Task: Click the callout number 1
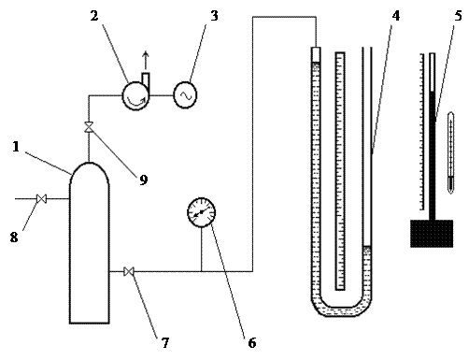point(16,147)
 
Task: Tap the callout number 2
point(94,16)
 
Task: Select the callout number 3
point(214,16)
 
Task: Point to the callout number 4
point(395,16)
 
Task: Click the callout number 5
point(458,16)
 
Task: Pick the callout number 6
point(252,343)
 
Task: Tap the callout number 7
point(165,343)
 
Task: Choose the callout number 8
point(14,238)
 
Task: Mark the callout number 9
point(143,180)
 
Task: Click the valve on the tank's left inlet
point(41,198)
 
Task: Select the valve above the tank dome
point(89,127)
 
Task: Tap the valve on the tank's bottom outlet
point(129,271)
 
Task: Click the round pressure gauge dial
point(202,212)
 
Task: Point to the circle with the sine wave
point(185,95)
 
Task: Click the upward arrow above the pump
point(146,61)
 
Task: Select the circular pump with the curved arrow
point(135,95)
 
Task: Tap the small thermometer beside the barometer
point(450,152)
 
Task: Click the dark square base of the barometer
point(432,234)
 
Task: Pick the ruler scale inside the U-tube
point(340,171)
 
